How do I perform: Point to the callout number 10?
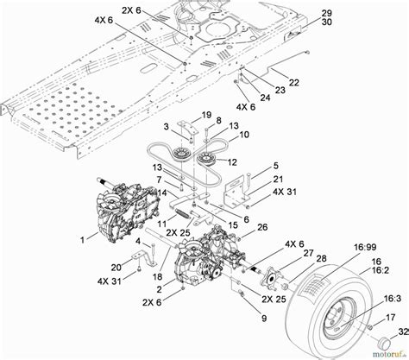[244, 135]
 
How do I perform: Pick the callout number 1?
[82, 237]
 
